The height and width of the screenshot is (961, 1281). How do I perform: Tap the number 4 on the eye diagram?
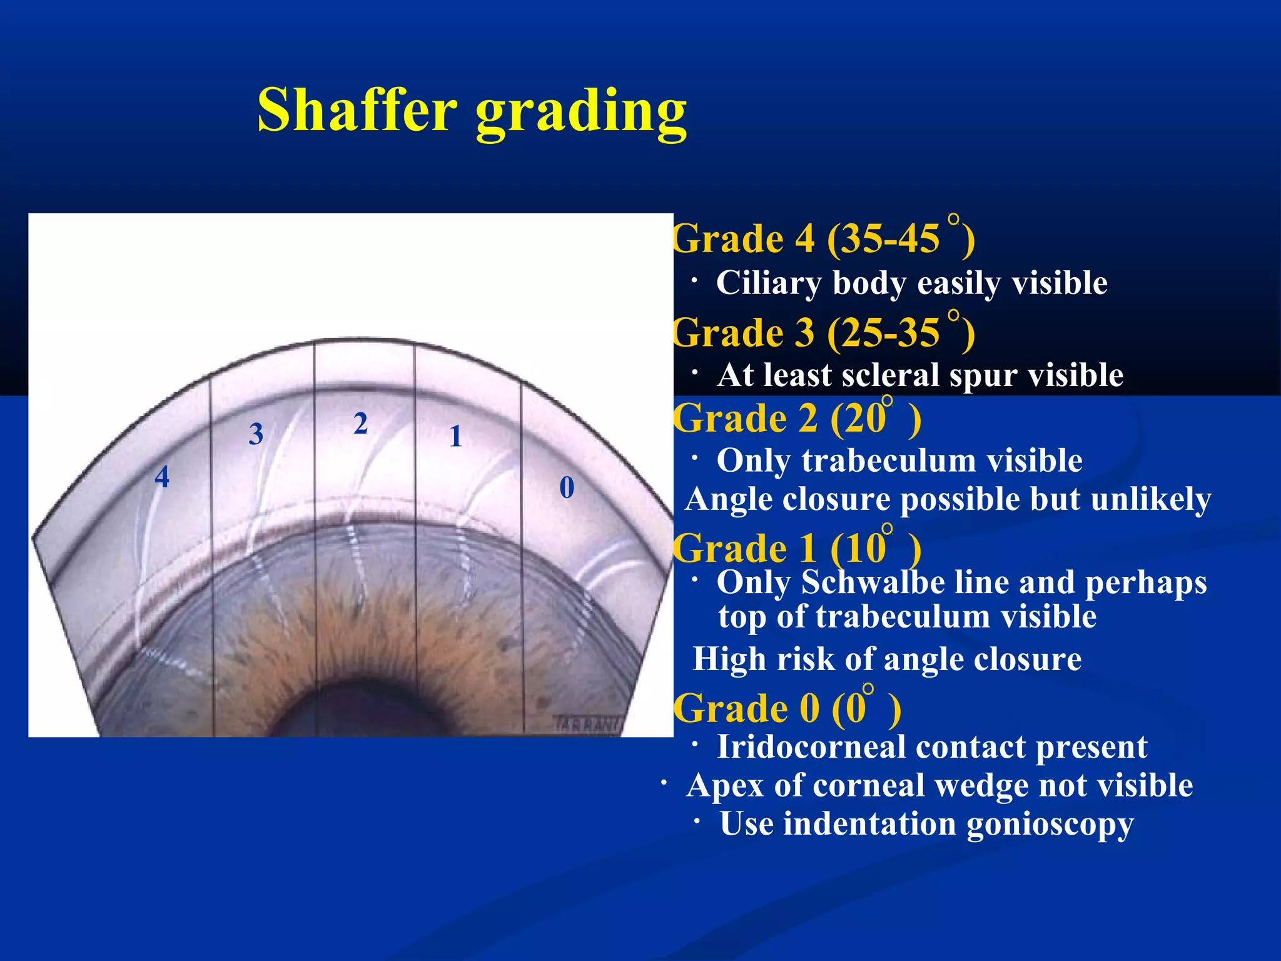(x=162, y=477)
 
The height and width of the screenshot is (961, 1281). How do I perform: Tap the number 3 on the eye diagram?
(x=256, y=434)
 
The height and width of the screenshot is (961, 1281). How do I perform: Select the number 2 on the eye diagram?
(x=360, y=424)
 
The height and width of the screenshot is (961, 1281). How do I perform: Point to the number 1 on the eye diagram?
(x=455, y=436)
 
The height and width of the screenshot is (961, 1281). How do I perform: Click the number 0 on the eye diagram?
(x=567, y=487)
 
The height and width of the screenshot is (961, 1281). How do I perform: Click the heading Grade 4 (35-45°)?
(x=823, y=238)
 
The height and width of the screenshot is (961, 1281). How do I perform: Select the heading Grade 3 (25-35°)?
(x=823, y=332)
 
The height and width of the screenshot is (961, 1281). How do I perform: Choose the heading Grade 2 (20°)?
(x=796, y=418)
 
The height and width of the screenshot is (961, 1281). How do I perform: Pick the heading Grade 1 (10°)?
(x=796, y=548)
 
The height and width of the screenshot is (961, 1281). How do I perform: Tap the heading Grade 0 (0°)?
(x=786, y=708)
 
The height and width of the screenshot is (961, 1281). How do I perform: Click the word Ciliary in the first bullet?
(x=768, y=283)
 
